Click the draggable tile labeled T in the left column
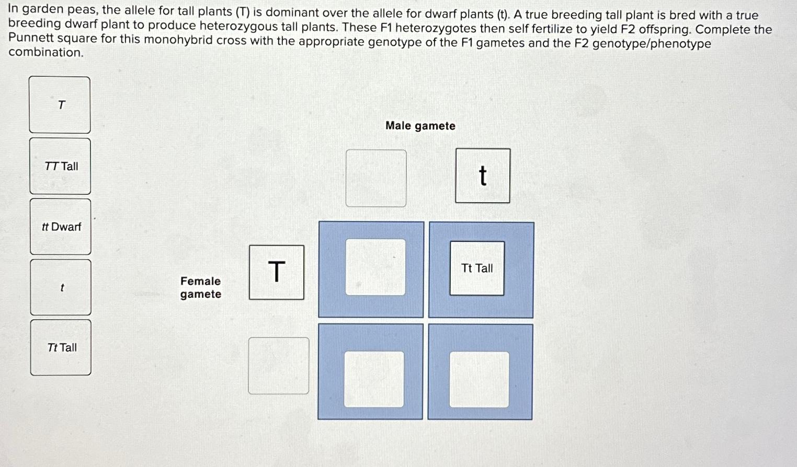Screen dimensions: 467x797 click(60, 105)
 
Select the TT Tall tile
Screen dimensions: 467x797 click(61, 166)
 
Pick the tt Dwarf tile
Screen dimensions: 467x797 click(61, 227)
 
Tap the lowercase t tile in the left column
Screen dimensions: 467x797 click(61, 287)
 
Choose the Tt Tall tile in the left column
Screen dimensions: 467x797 click(61, 347)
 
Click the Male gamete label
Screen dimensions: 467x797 click(420, 126)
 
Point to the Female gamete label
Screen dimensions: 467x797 click(200, 287)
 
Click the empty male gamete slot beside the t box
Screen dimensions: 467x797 click(376, 178)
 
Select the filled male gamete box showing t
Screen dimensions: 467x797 click(482, 176)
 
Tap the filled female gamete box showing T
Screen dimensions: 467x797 click(276, 272)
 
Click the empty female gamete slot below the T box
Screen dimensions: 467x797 click(278, 366)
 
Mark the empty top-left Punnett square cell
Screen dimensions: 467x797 click(375, 267)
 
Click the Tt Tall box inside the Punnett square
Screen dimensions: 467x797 click(477, 268)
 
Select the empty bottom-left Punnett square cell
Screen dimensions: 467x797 click(374, 379)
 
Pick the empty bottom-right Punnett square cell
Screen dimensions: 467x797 click(480, 379)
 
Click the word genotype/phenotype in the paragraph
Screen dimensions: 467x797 click(652, 44)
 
